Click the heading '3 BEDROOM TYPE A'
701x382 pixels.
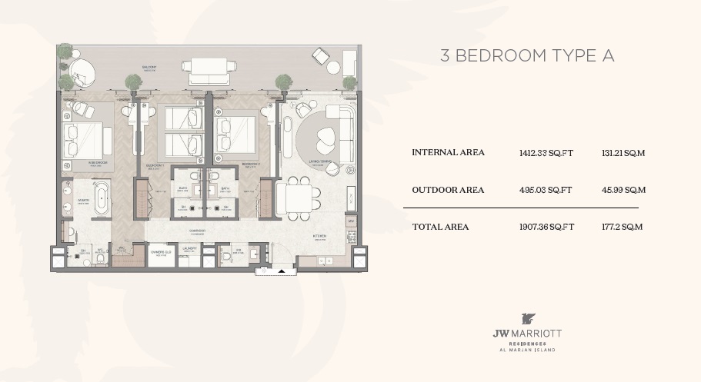[526, 56]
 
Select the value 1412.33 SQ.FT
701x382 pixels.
[547, 153]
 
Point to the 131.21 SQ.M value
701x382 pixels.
[623, 153]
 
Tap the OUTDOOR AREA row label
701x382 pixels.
[448, 190]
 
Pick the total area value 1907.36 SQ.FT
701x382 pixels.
[547, 227]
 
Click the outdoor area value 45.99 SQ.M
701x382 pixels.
[623, 190]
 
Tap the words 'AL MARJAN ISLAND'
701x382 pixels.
[527, 350]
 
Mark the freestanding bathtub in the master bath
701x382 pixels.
[102, 200]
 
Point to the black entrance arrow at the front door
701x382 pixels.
[282, 271]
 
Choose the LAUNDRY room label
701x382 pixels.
[189, 248]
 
